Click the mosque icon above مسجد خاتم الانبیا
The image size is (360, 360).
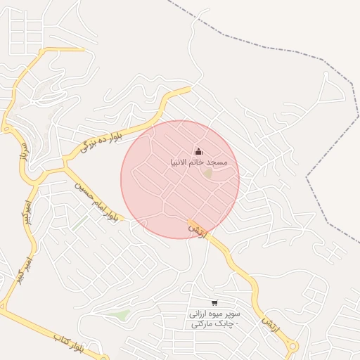click(198, 151)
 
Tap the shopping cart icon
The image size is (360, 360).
click(214, 303)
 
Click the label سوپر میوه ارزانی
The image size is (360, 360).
click(215, 314)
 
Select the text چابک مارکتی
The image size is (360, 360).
click(214, 324)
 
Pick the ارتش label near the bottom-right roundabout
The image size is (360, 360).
click(267, 324)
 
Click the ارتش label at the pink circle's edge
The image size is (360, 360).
click(199, 230)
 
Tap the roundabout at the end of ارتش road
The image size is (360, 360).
click(292, 346)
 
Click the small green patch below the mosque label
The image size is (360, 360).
click(208, 172)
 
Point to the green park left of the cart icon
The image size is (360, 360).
click(123, 315)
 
